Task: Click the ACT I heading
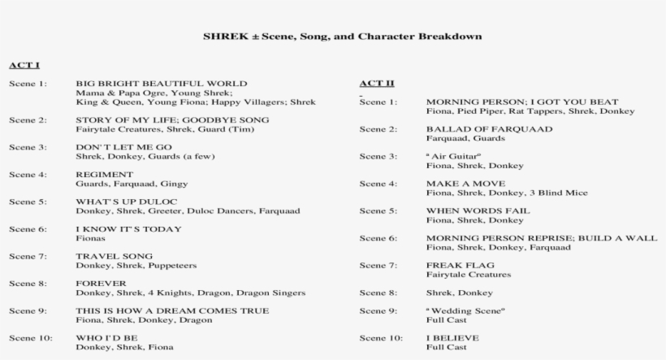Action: pos(24,64)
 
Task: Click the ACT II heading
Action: pos(377,84)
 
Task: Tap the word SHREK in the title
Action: pos(221,37)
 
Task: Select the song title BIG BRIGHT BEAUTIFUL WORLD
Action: pos(161,84)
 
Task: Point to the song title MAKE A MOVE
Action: pos(465,184)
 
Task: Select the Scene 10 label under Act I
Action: pos(30,337)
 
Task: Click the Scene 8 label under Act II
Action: pos(378,292)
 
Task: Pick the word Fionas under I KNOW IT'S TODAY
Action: pos(90,239)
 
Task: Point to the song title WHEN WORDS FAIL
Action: pos(478,210)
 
